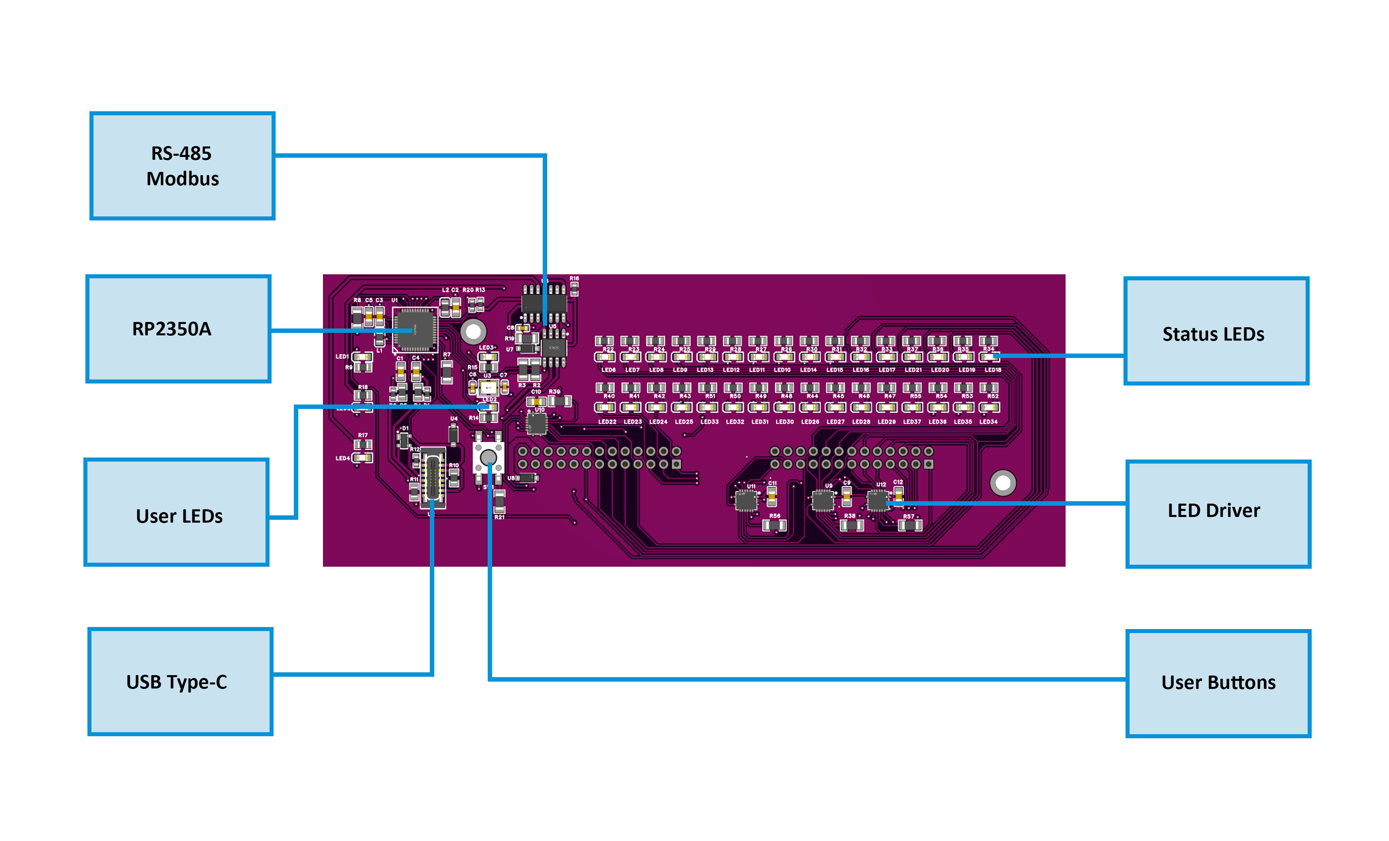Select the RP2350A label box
[x=178, y=329]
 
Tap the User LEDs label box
[x=176, y=512]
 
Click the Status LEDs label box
[x=1216, y=331]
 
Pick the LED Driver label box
[x=1218, y=514]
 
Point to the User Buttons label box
[x=1218, y=683]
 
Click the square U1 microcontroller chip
[x=415, y=330]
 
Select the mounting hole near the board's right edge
[x=1003, y=483]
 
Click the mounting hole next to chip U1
[x=473, y=332]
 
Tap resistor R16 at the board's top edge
[x=574, y=288]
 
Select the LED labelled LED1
[x=362, y=356]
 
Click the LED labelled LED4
[x=362, y=458]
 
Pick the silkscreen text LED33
[x=709, y=422]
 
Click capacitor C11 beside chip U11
[x=772, y=496]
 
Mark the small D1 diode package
[x=403, y=438]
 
